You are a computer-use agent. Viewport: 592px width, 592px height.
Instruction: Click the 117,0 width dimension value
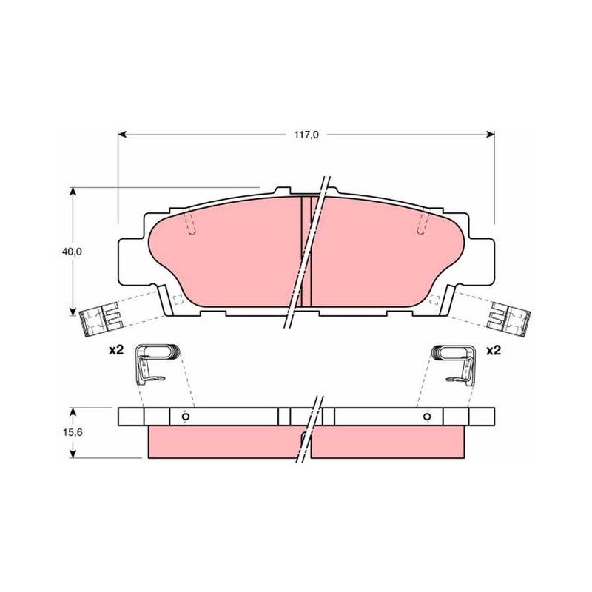[306, 135]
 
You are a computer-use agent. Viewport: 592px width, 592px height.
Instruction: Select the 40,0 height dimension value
[72, 252]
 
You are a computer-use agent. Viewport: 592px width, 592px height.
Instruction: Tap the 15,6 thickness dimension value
[73, 432]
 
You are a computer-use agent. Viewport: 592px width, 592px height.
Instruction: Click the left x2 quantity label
[116, 350]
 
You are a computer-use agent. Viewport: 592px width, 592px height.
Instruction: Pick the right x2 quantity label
[493, 350]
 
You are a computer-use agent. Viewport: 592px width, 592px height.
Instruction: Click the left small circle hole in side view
[186, 417]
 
